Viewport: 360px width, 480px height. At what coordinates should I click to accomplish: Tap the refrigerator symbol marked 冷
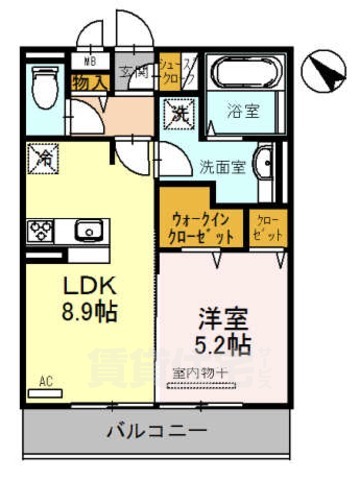[44, 157]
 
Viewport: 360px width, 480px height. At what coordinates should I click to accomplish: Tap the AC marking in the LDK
[45, 381]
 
